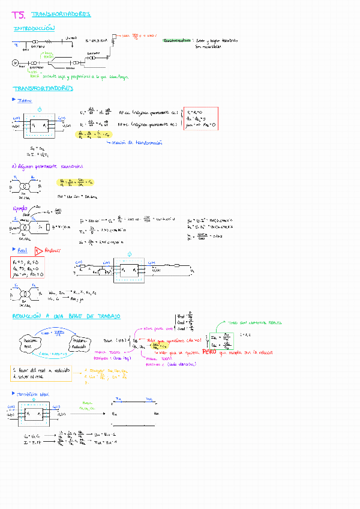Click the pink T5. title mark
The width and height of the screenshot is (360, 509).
19,14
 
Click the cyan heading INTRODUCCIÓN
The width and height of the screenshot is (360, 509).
34,28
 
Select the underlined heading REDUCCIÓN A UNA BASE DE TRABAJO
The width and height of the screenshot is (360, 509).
66,316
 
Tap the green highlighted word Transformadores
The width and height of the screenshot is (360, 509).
178,40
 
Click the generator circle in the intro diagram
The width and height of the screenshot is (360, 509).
16,63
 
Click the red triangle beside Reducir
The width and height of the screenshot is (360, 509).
38,250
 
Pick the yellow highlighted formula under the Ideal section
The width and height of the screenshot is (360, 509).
94,135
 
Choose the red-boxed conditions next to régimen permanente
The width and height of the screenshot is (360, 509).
200,119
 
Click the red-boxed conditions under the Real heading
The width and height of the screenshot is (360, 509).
28,266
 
